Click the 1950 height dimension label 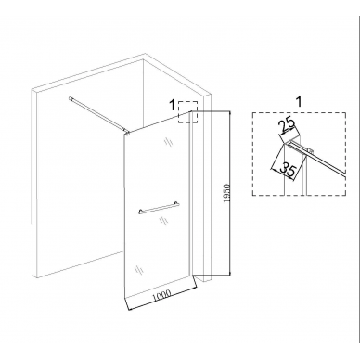tap(227, 193)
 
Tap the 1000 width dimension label tap(161, 295)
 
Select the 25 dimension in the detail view tap(288, 127)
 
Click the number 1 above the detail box tap(299, 102)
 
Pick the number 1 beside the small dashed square tap(173, 106)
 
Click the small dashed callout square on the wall tap(187, 112)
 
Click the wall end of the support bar tap(71, 98)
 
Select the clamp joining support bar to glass tap(127, 133)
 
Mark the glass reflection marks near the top tap(168, 141)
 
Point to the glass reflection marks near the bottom tap(138, 269)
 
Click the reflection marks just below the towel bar tap(162, 220)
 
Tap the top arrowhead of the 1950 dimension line tap(229, 113)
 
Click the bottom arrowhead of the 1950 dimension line tap(229, 273)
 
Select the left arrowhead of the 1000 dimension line tap(129, 308)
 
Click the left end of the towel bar tap(139, 212)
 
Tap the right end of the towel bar tap(177, 203)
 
